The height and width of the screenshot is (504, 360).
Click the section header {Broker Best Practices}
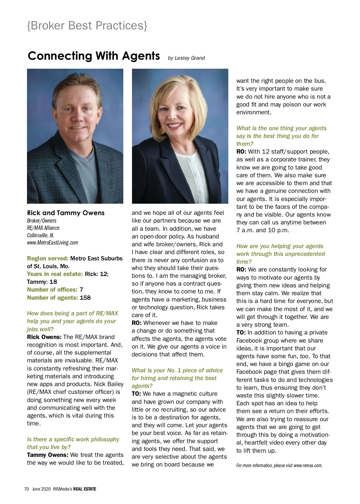(x=87, y=26)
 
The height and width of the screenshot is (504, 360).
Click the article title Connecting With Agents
(x=94, y=56)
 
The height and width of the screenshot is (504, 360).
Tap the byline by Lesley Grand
(x=186, y=58)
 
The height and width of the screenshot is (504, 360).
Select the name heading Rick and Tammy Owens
(x=66, y=213)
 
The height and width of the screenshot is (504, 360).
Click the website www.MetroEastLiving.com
(x=52, y=242)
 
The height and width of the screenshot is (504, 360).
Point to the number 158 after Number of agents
(x=85, y=298)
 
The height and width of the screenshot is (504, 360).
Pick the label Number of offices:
(x=52, y=289)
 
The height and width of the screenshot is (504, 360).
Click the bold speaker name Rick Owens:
(x=44, y=337)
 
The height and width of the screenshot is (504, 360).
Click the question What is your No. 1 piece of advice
(x=177, y=370)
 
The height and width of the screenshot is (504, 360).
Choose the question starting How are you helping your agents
(x=280, y=246)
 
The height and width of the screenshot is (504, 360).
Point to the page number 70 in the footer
(x=26, y=489)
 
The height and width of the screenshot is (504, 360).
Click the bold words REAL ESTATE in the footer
(x=85, y=489)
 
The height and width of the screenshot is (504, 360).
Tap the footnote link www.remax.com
(x=308, y=465)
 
